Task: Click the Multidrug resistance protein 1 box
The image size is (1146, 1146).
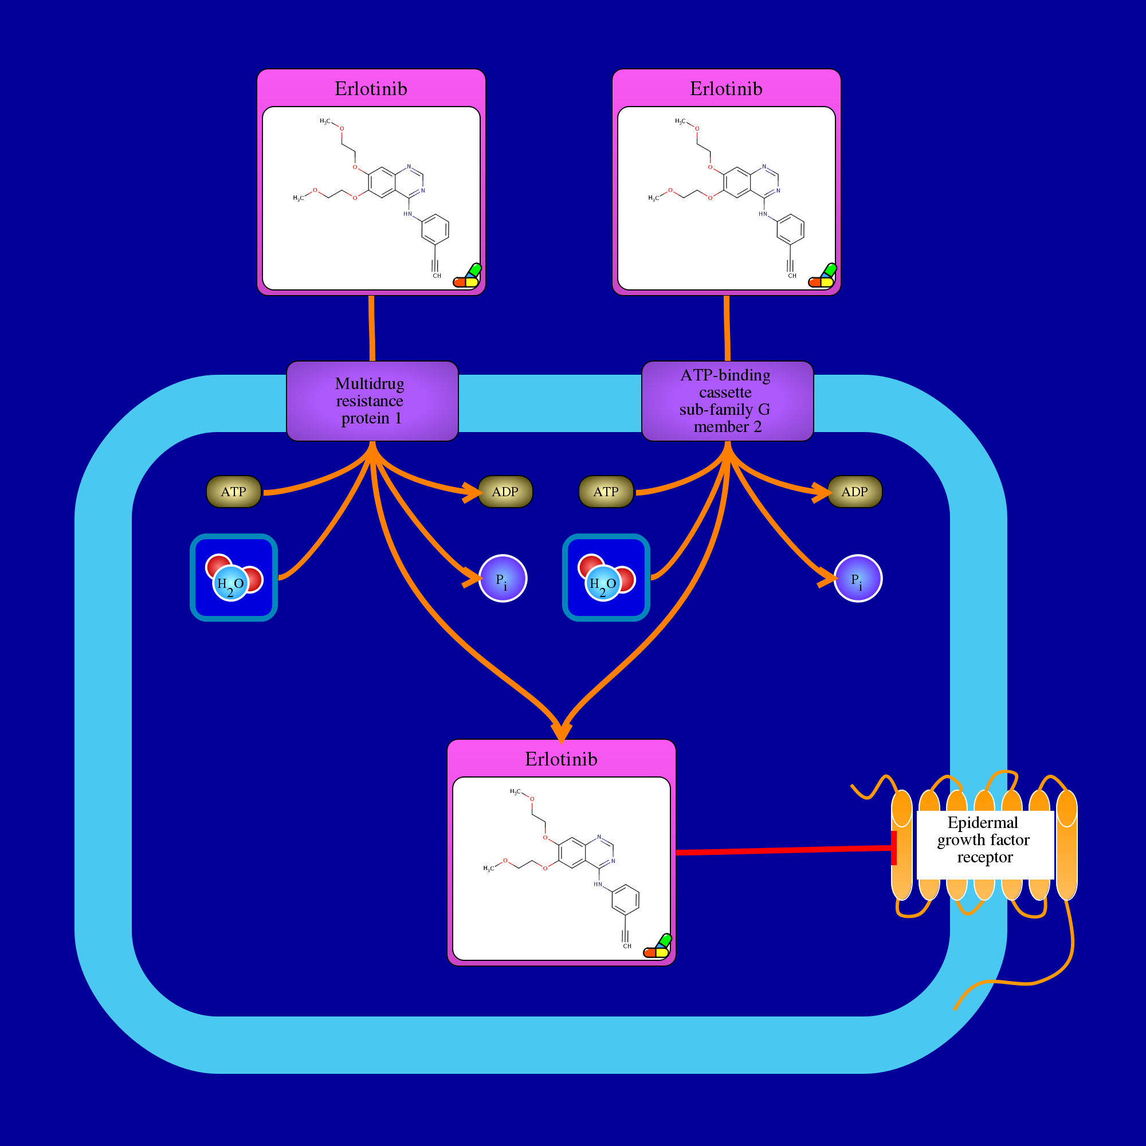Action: [372, 401]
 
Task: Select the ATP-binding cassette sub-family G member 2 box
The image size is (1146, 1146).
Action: [727, 401]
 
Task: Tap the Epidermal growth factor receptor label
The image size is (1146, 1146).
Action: [984, 840]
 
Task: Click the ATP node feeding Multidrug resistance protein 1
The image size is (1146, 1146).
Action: [234, 492]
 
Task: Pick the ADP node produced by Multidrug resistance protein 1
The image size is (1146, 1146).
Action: [505, 492]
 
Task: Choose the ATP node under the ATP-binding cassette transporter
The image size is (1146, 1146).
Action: [606, 492]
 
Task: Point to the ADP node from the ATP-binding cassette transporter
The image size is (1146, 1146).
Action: [854, 492]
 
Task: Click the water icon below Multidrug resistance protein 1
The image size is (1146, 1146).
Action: [234, 578]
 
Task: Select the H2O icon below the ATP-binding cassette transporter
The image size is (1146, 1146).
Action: [606, 578]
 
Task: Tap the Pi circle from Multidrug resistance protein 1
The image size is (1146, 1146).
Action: [503, 578]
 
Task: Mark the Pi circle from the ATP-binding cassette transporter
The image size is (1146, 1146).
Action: [858, 578]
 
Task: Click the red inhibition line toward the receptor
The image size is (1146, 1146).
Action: [783, 850]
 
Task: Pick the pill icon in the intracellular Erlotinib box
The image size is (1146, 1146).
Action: [658, 947]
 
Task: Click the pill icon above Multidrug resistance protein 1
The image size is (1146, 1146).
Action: [468, 276]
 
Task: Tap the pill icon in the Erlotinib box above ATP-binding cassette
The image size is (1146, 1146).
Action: [823, 276]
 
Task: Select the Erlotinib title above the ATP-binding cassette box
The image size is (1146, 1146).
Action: [726, 89]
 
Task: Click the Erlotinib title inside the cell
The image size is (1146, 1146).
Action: [561, 759]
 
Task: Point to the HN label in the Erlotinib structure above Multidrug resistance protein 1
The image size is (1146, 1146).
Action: [407, 214]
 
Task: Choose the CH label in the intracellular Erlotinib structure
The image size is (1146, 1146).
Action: [627, 946]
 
